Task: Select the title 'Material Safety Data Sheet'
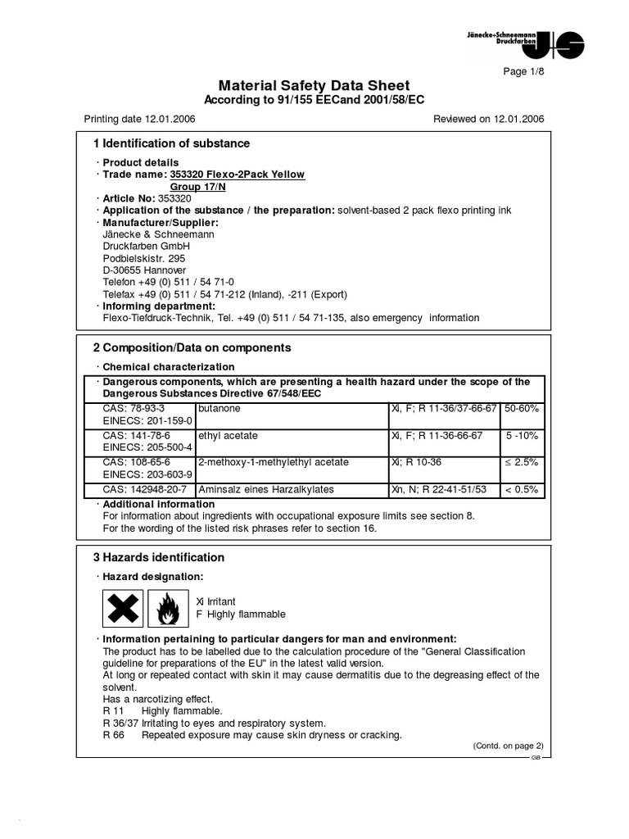[314, 86]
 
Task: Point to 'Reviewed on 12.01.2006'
[488, 119]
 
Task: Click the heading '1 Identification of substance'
[171, 143]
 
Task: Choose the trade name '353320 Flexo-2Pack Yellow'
[237, 175]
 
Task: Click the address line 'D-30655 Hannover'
[144, 270]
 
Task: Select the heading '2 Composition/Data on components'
[192, 347]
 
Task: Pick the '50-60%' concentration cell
[522, 407]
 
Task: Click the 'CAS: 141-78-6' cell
[136, 435]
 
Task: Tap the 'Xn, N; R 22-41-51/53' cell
[439, 489]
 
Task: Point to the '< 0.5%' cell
[522, 489]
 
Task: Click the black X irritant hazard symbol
[123, 609]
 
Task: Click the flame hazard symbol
[168, 609]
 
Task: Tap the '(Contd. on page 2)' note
[508, 746]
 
